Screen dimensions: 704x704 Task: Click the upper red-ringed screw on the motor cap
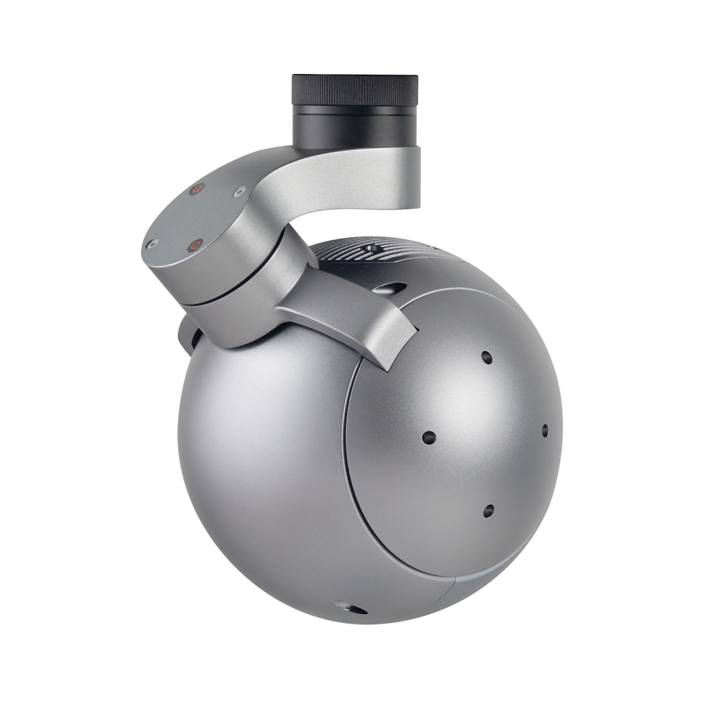[198, 188]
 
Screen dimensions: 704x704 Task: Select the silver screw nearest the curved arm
[239, 190]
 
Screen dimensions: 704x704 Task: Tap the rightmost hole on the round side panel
[544, 429]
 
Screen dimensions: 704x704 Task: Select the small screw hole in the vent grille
[370, 250]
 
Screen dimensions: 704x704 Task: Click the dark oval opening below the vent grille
[391, 287]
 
